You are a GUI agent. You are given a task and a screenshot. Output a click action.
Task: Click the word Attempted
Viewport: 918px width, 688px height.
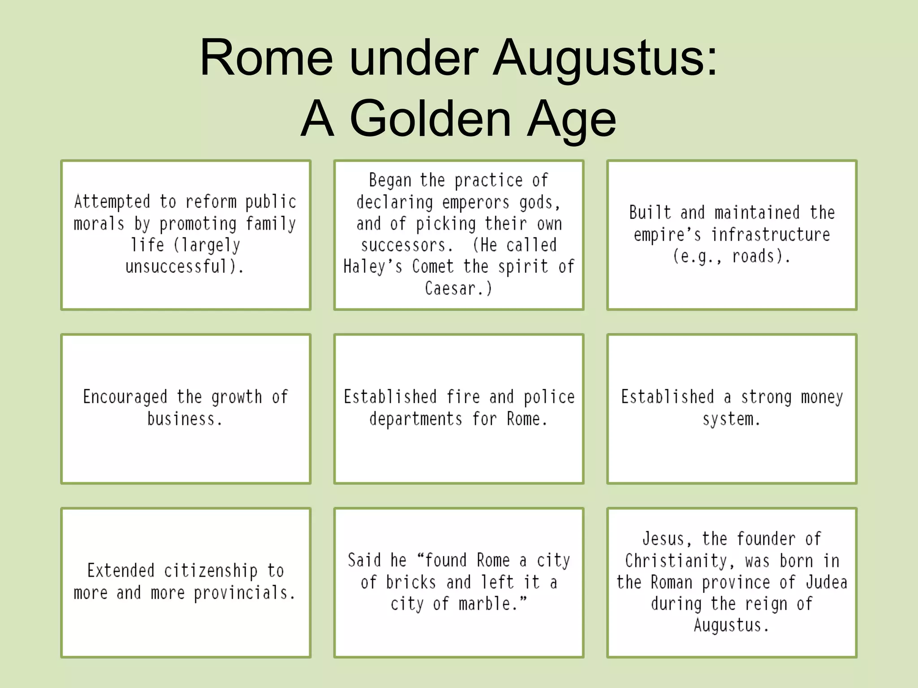click(x=112, y=202)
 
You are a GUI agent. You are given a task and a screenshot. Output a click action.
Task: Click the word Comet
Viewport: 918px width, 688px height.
click(x=433, y=267)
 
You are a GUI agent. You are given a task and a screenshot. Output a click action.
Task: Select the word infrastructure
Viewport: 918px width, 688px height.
click(x=771, y=234)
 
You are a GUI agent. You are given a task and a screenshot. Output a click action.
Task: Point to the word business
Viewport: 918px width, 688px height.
click(x=181, y=419)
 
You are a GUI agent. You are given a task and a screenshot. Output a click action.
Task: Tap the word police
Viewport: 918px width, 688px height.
click(x=549, y=397)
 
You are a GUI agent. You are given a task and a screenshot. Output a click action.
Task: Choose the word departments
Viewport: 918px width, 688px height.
click(x=416, y=419)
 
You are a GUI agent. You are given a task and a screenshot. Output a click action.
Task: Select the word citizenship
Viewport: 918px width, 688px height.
click(x=211, y=571)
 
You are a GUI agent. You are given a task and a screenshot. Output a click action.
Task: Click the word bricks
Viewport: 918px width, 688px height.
click(x=411, y=582)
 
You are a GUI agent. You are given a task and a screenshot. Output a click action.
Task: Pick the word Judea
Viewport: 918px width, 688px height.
click(x=826, y=582)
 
